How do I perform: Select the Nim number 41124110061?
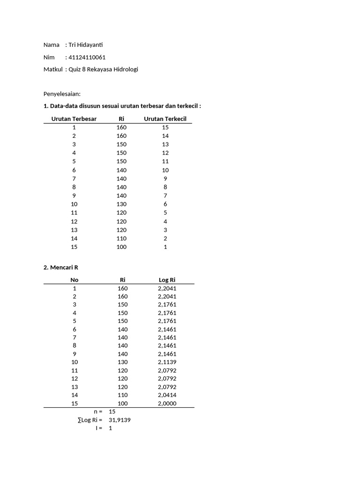pos(87,57)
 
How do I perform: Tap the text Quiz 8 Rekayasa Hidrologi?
pos(103,69)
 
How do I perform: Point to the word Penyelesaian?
pos(62,94)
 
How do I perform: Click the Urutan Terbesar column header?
pos(74,119)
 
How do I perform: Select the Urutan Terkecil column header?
pos(165,119)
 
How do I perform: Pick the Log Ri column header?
pos(167,280)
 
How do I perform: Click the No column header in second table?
pos(74,280)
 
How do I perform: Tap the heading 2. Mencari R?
pos(60,268)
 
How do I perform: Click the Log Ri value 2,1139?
pos(167,362)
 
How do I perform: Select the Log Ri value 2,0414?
pos(167,395)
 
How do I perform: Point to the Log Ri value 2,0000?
pos(167,404)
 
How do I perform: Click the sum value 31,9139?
pos(119,420)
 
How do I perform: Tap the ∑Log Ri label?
pos(90,420)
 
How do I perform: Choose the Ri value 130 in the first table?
pos(121,204)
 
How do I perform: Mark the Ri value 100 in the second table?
pos(122,404)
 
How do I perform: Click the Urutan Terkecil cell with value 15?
pos(165,127)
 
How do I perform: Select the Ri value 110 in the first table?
pos(121,238)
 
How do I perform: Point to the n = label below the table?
pos(97,412)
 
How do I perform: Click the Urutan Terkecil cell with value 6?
pos(165,204)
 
